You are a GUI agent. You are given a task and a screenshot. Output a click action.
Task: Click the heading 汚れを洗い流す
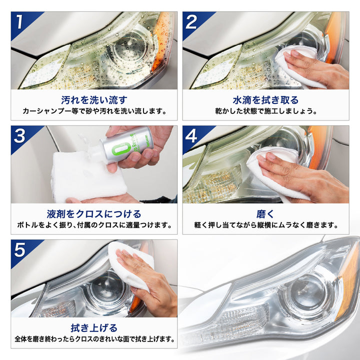(x=94, y=100)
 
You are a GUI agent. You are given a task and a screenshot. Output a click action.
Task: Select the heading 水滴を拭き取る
(x=265, y=100)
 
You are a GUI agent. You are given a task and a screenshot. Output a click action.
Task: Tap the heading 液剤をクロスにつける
(x=94, y=214)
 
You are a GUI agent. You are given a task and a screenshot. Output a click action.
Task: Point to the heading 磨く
(x=265, y=214)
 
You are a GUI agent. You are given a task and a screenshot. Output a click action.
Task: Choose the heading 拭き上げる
(x=94, y=328)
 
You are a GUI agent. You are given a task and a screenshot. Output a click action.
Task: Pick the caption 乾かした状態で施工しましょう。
(x=266, y=111)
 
